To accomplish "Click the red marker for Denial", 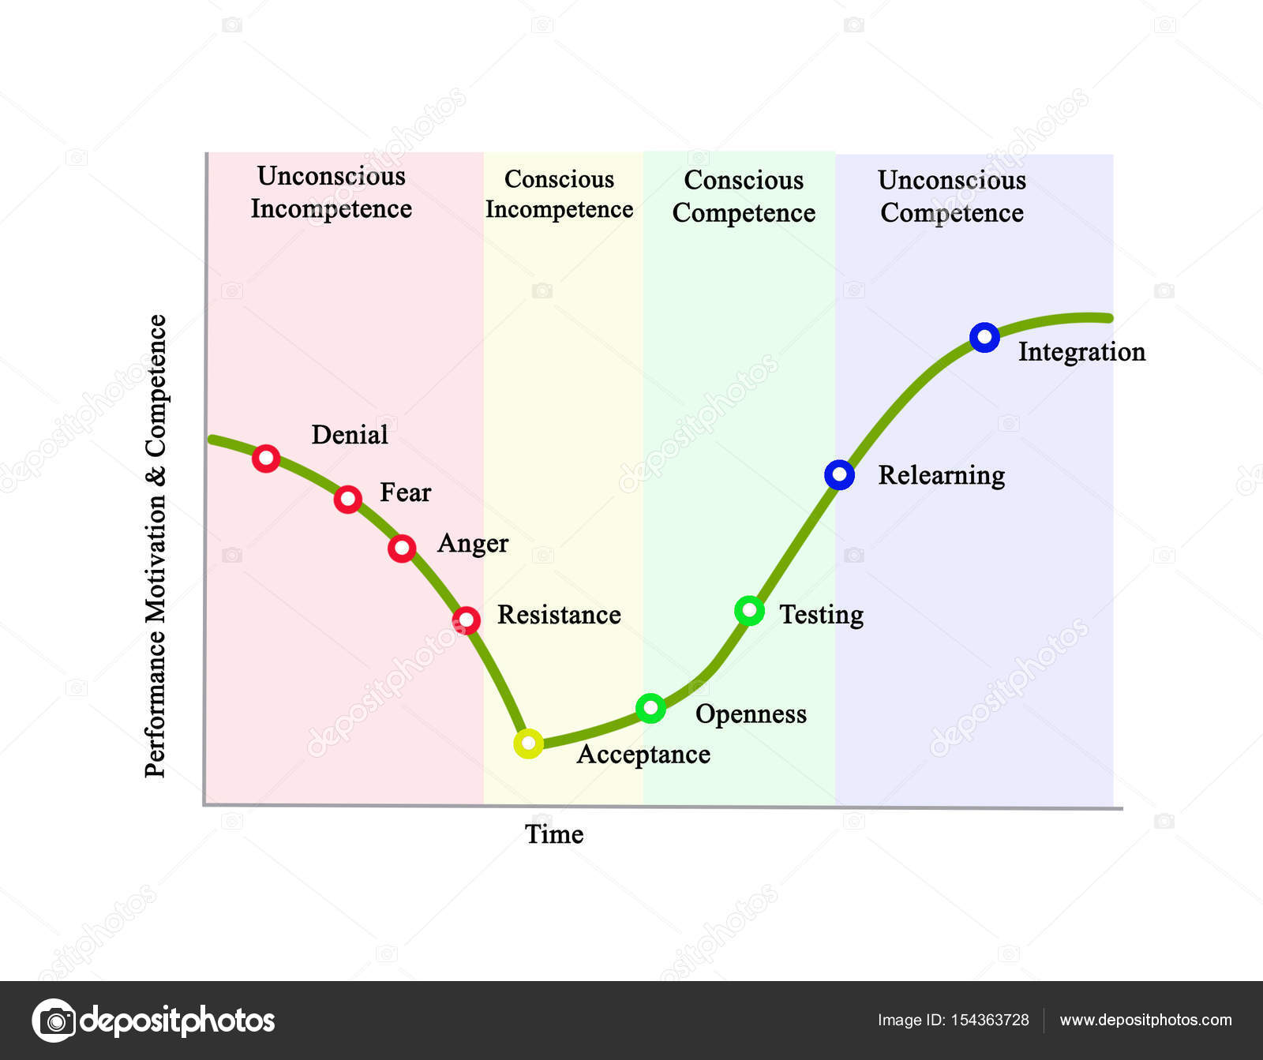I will (x=266, y=458).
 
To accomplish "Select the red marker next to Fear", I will (x=348, y=499).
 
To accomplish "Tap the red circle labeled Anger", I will (x=402, y=548).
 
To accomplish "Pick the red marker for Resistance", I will (x=467, y=620).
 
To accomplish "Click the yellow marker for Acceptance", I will (x=528, y=743).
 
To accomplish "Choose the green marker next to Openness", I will (x=650, y=708).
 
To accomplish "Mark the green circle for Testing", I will (x=749, y=610).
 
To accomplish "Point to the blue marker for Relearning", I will (x=839, y=475).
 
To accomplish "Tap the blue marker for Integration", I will (x=984, y=338).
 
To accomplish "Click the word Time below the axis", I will (x=554, y=834).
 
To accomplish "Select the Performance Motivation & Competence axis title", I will (x=156, y=546).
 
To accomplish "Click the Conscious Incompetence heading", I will (x=559, y=194).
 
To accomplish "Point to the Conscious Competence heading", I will (x=744, y=197).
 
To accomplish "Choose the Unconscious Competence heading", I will (x=952, y=197).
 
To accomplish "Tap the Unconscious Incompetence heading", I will (x=332, y=193).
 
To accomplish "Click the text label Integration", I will (x=1081, y=352).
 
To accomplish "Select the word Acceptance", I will (x=643, y=755).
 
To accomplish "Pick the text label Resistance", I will (x=559, y=615).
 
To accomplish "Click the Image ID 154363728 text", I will (x=953, y=1020).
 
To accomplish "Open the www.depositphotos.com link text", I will (x=1145, y=1020).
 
